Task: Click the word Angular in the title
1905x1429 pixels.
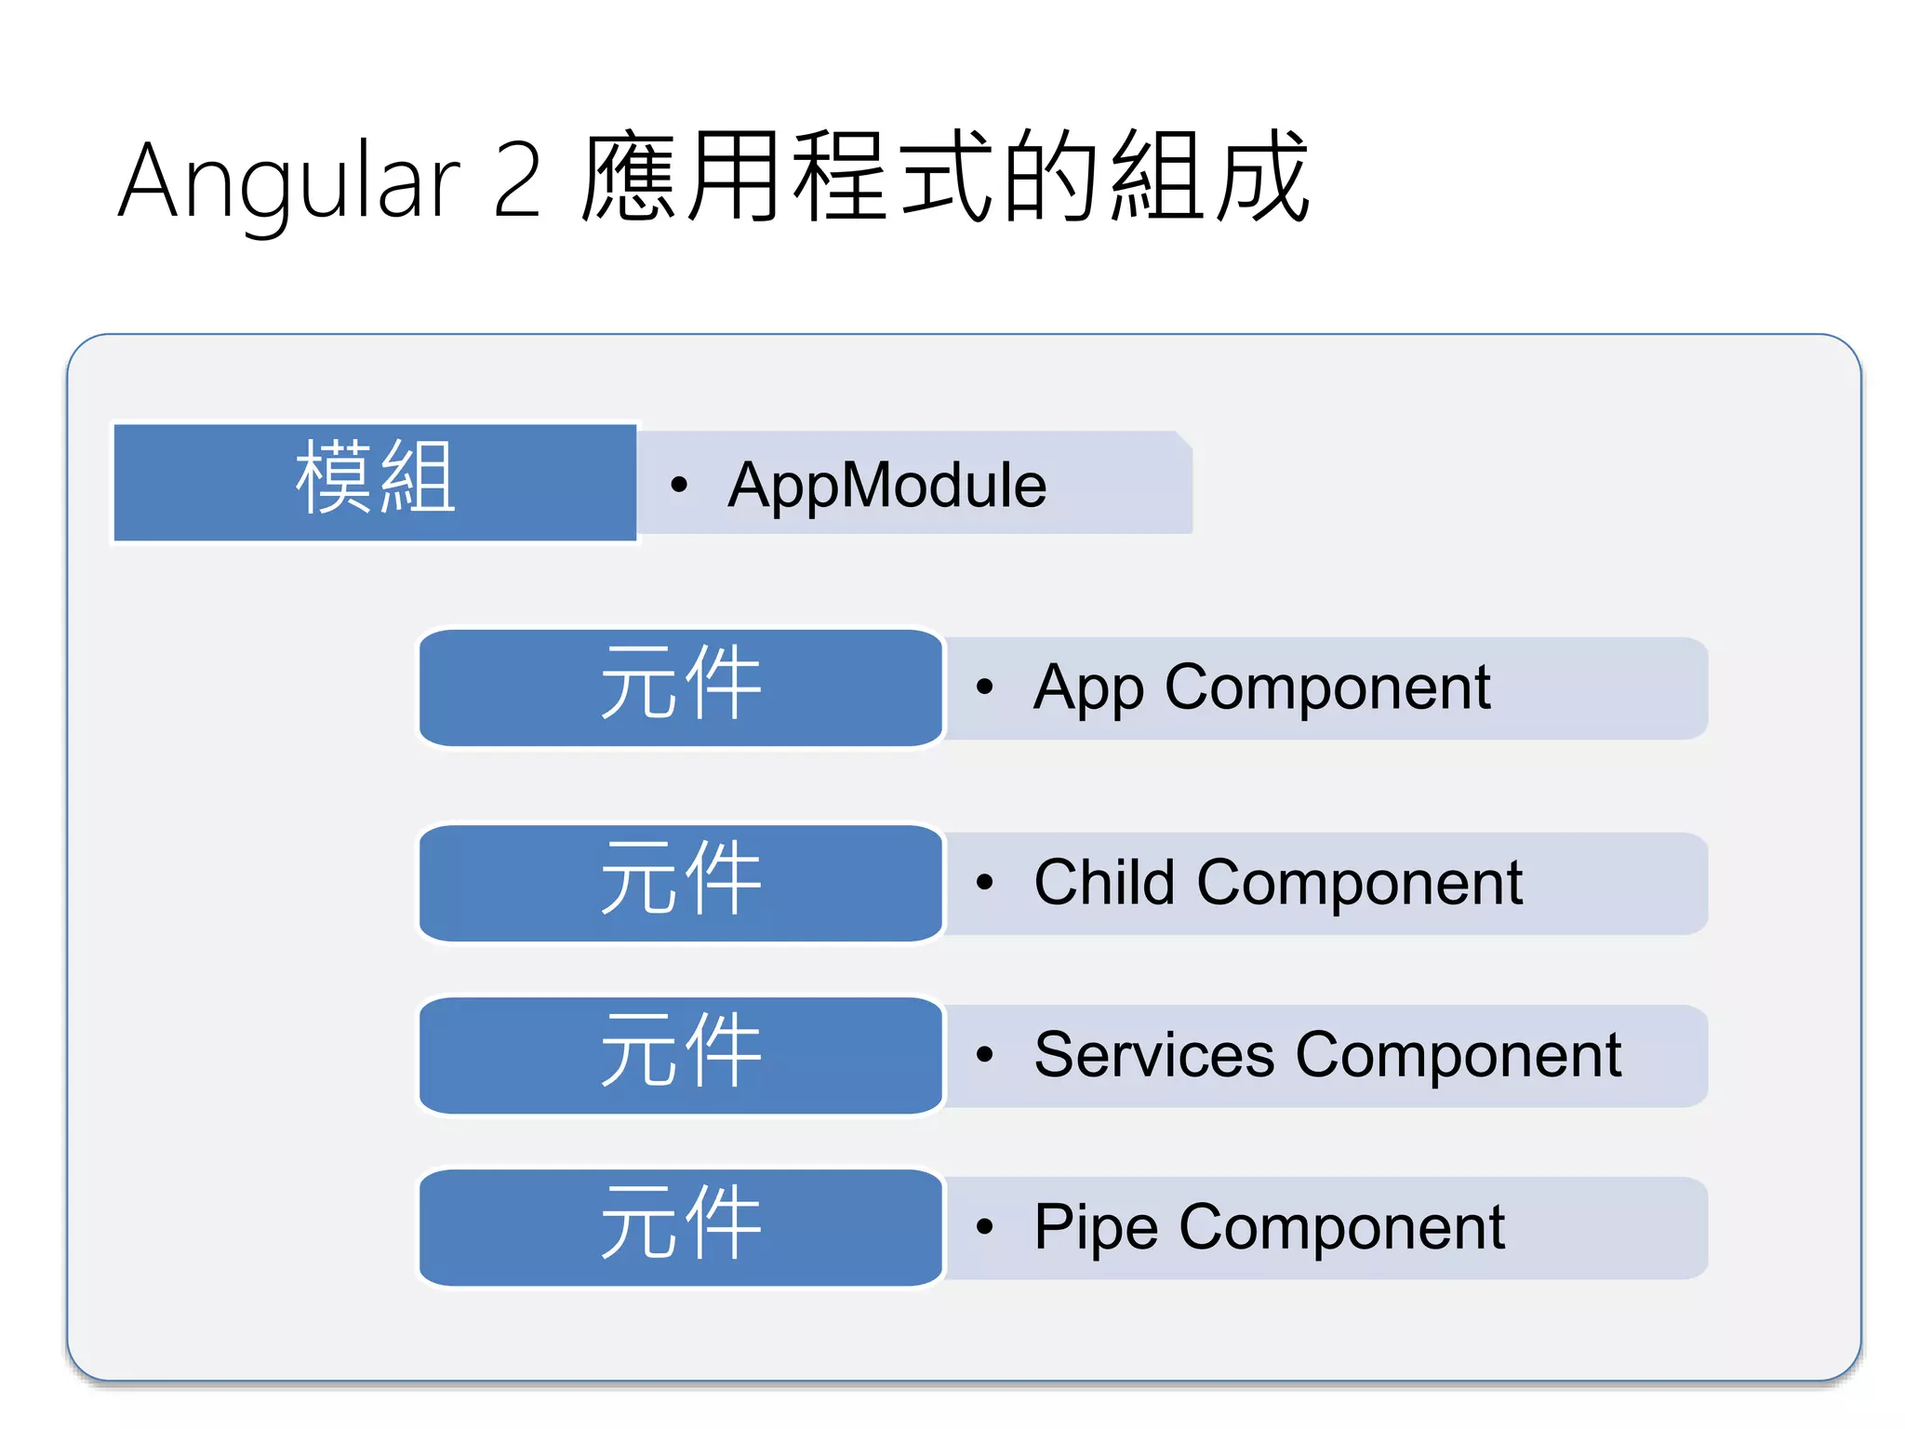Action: [x=288, y=182]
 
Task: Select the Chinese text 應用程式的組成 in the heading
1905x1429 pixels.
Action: [x=944, y=177]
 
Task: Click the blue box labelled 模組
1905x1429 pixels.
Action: [x=375, y=482]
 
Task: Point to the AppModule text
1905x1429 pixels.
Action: [x=886, y=485]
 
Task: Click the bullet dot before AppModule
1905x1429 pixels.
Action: [x=679, y=485]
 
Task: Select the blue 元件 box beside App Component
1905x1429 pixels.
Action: [x=681, y=688]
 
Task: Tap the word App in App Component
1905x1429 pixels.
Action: [x=1088, y=688]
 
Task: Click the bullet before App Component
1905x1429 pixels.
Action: [x=985, y=688]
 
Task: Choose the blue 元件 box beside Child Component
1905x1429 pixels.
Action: [x=681, y=883]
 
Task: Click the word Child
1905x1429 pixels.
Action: [x=1104, y=882]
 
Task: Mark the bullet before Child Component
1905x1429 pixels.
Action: [x=985, y=883]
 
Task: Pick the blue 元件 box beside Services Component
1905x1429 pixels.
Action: [x=681, y=1055]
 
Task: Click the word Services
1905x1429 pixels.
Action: [x=1153, y=1055]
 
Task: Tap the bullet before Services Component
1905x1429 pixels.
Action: [x=985, y=1055]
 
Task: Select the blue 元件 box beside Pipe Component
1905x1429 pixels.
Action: [x=681, y=1227]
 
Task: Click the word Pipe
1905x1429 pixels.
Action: [x=1096, y=1228]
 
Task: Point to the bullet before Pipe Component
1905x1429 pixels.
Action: [x=985, y=1227]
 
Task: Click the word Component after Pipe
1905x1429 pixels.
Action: [x=1341, y=1228]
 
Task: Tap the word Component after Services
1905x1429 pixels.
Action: [x=1459, y=1056]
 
